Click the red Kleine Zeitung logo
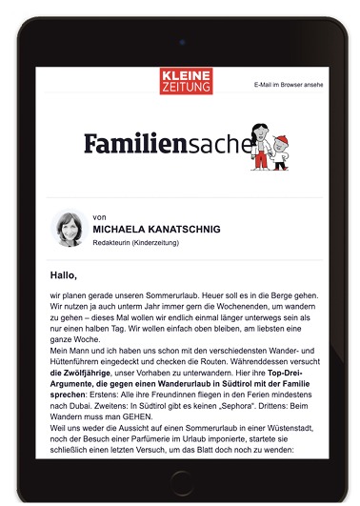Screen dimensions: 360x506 pos(186,80)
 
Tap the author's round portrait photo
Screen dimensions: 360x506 pos(70,229)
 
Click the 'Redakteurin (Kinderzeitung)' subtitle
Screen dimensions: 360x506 pos(136,243)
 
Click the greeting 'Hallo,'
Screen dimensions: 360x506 pos(63,274)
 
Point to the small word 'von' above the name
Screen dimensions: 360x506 pos(100,217)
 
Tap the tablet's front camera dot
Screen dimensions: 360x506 pos(180,42)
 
